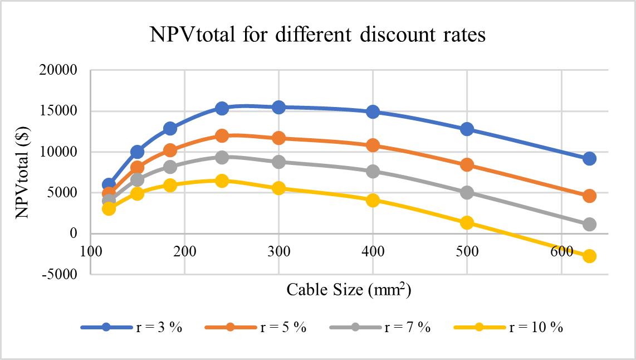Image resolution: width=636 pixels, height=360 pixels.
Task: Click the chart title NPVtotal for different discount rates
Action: (317, 36)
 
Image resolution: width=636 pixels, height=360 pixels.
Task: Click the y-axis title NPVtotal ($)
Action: (23, 172)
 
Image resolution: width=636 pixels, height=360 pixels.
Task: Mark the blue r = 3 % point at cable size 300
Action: (278, 107)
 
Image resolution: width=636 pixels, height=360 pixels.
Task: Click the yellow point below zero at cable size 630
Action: (589, 256)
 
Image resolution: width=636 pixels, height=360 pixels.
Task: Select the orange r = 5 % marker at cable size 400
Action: (373, 145)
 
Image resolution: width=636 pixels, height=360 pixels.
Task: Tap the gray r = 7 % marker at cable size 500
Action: (467, 192)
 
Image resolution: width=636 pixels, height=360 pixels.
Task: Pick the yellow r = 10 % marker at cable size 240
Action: (222, 181)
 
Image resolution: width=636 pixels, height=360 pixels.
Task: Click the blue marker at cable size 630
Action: (589, 159)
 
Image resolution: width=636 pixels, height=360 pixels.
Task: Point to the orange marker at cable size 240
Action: (222, 136)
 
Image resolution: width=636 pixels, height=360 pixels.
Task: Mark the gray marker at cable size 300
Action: (278, 162)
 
